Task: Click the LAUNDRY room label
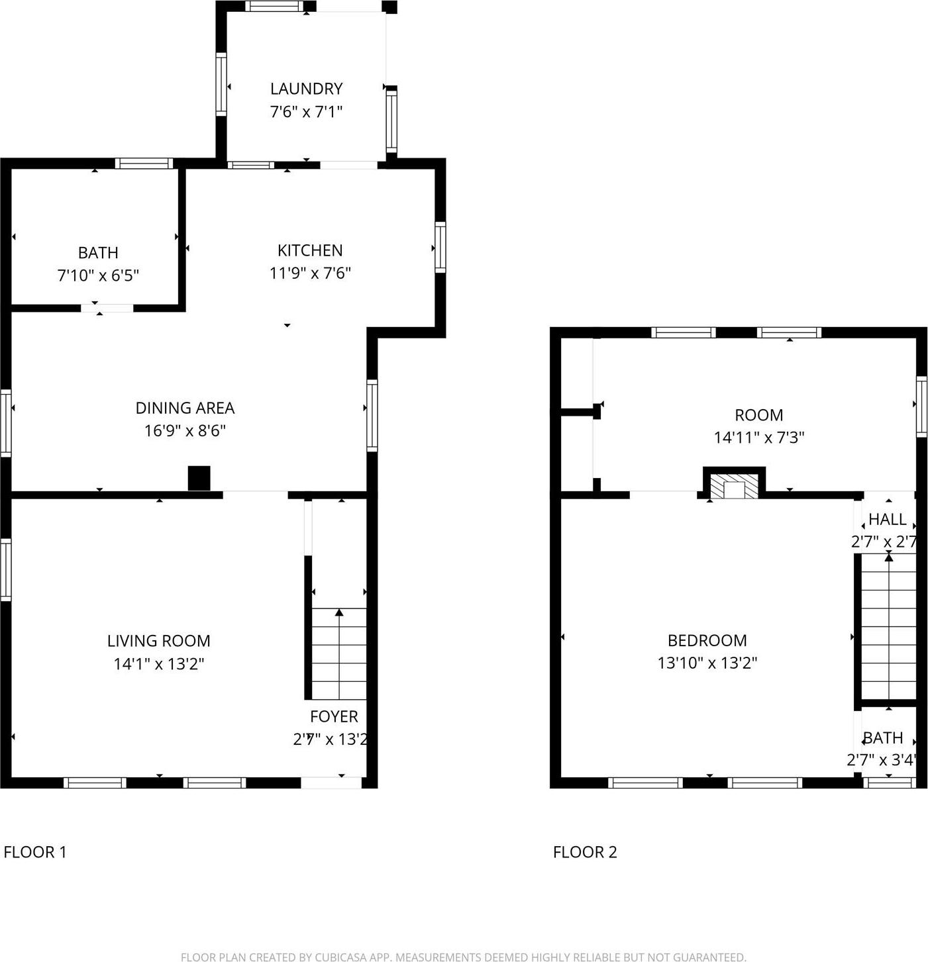pos(306,89)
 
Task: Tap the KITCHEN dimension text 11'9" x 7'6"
pos(310,273)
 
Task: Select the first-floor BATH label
pos(98,252)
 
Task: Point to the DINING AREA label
pos(185,408)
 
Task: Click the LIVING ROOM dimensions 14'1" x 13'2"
pos(158,663)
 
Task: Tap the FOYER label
pos(334,716)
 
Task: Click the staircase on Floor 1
pos(338,653)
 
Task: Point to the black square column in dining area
pos(199,478)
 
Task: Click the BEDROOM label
pos(707,640)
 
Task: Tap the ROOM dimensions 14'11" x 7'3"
pos(758,438)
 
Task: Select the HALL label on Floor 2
pos(887,519)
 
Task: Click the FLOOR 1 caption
pos(35,852)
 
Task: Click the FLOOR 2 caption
pos(585,852)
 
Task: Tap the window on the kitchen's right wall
pos(440,248)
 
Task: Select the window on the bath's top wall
pos(144,164)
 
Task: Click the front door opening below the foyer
pos(331,783)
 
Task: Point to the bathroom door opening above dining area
pos(107,308)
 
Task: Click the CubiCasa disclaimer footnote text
pos(463,956)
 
